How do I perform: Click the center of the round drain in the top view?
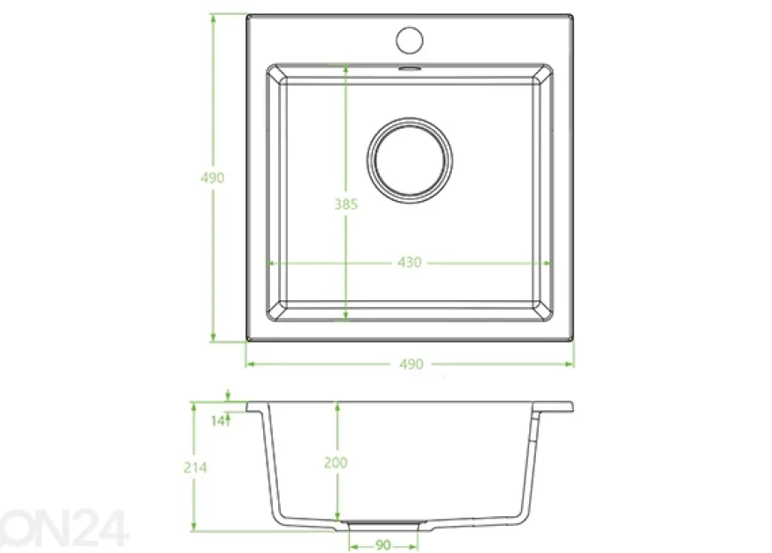point(410,160)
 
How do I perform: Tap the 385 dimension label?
point(347,204)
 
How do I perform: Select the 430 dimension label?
point(410,262)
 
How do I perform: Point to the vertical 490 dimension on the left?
point(212,177)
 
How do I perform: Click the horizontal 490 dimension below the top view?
point(411,364)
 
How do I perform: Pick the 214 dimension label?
point(195,467)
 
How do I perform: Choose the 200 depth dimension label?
point(336,463)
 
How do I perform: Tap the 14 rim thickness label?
point(218,420)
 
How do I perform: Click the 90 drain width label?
point(383,545)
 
